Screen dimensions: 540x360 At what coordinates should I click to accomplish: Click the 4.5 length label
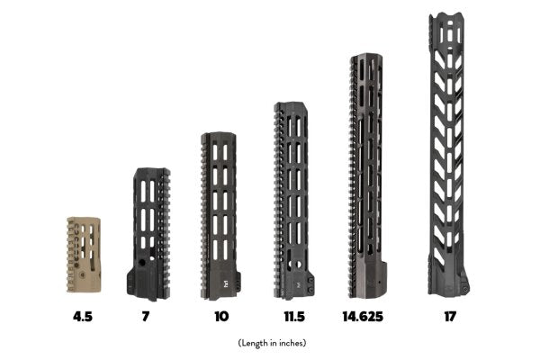pos(83,316)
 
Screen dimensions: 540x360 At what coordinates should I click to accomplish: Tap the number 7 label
pos(146,316)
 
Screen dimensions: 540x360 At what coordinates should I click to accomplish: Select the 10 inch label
pos(221,316)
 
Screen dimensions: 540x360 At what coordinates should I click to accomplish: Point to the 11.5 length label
pos(294,316)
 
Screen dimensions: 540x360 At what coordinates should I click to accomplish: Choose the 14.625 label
pos(363,316)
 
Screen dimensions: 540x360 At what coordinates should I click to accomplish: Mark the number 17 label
pos(450,316)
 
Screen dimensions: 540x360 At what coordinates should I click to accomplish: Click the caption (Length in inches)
pos(272,343)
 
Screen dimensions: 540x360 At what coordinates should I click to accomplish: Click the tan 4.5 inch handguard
pos(84,255)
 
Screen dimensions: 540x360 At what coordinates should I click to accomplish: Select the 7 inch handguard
pos(148,234)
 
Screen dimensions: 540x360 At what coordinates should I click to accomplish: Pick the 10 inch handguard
pos(220,216)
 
